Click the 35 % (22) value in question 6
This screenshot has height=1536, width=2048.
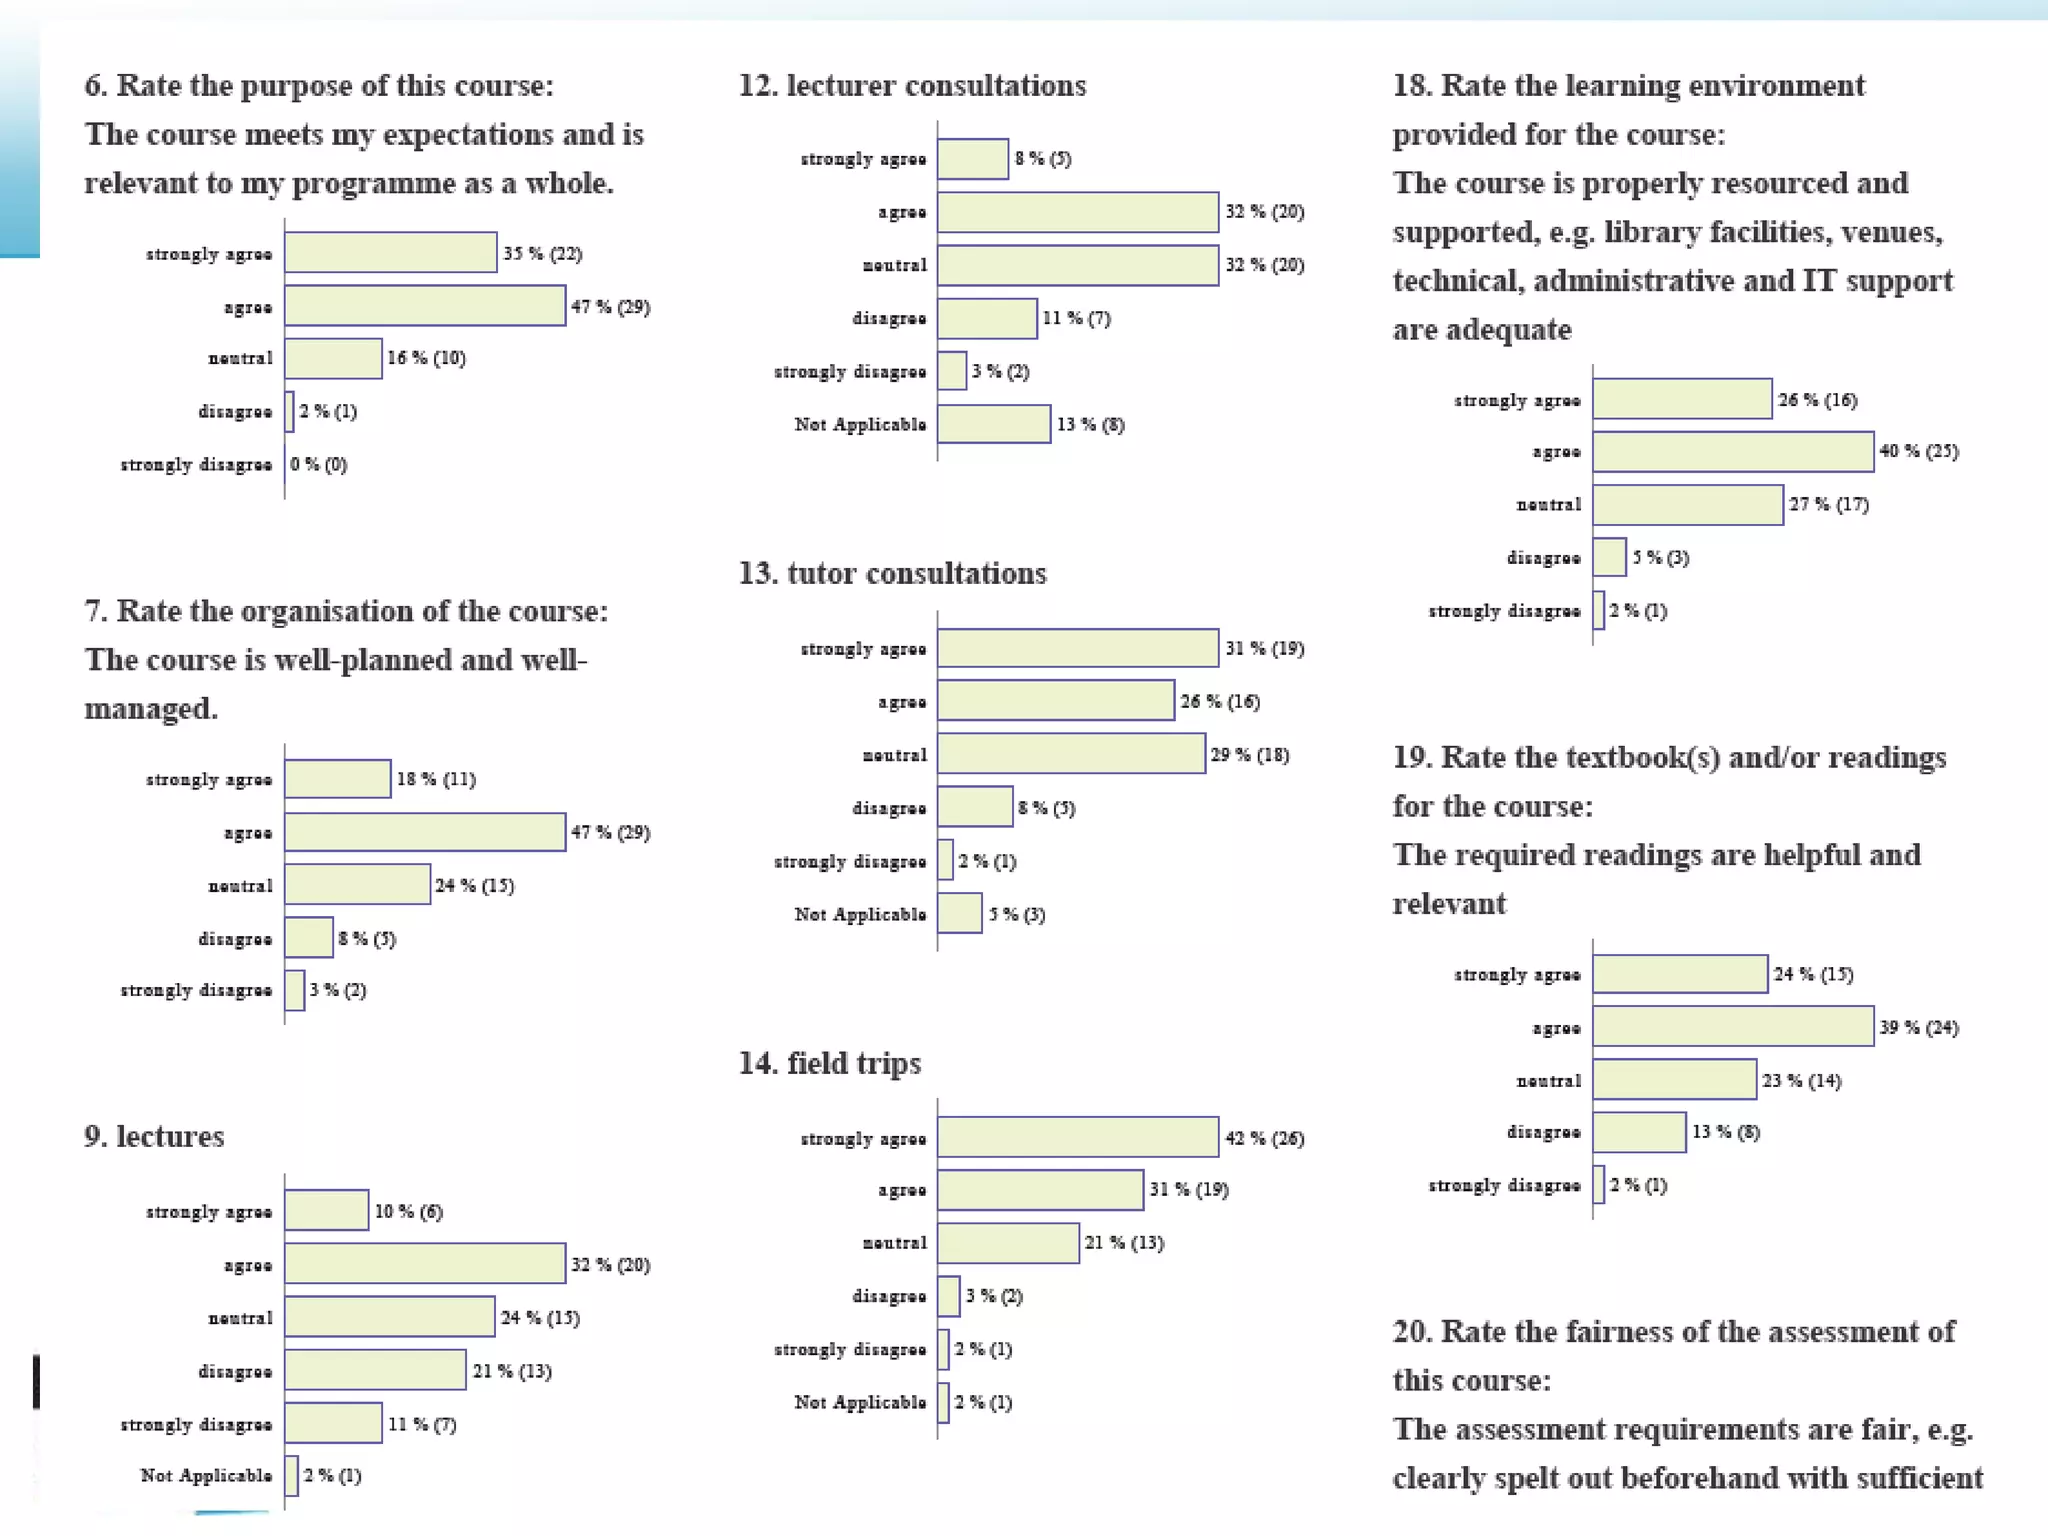click(x=542, y=253)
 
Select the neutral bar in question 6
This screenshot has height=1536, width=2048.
click(x=333, y=359)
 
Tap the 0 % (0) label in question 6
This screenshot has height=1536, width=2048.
click(x=319, y=465)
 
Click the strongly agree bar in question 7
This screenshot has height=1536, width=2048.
click(x=337, y=779)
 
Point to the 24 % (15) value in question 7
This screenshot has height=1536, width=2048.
click(x=474, y=886)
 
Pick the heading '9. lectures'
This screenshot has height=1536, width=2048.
click(x=154, y=1137)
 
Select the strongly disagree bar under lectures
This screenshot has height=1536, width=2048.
click(x=333, y=1424)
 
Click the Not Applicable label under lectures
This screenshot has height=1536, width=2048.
click(x=206, y=1476)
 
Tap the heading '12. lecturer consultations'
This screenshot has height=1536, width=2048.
click(x=912, y=86)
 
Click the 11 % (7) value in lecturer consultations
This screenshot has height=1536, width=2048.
click(x=1076, y=319)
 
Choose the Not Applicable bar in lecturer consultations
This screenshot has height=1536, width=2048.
click(x=993, y=424)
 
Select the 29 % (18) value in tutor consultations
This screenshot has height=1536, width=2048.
click(x=1249, y=755)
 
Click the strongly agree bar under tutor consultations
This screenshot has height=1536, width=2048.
click(x=1077, y=648)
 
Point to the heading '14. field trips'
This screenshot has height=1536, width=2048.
click(x=829, y=1063)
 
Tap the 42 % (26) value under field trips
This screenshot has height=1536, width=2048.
click(x=1264, y=1139)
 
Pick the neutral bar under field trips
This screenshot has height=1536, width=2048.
click(x=1008, y=1243)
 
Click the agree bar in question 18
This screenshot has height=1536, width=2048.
click(x=1732, y=451)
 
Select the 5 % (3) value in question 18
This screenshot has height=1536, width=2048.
click(x=1660, y=558)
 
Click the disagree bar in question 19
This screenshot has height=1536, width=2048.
click(x=1639, y=1132)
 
